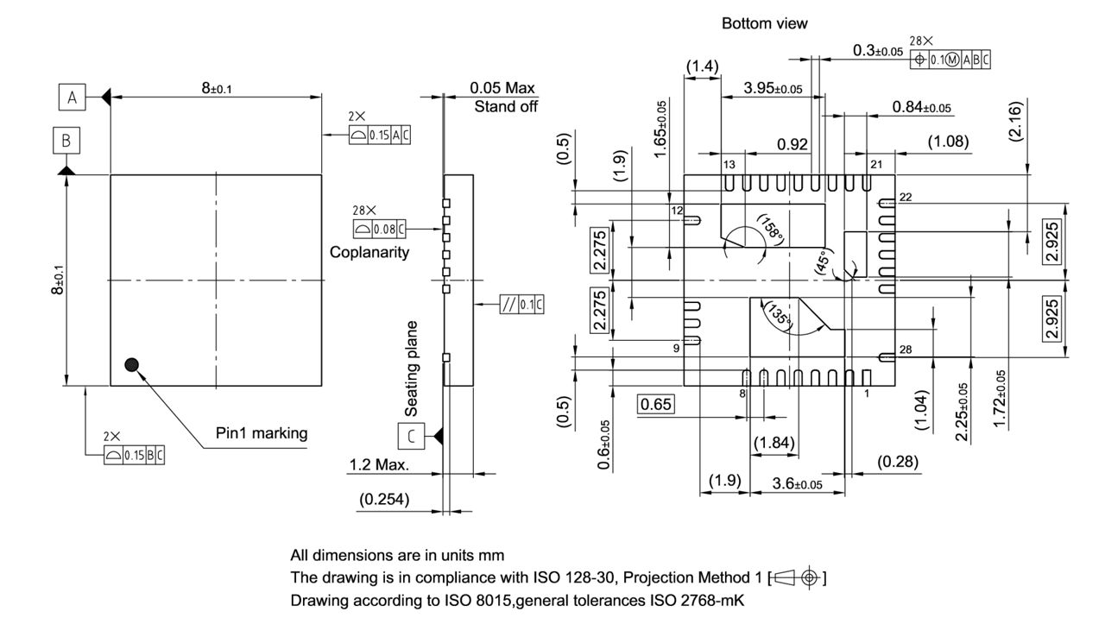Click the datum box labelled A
point(73,98)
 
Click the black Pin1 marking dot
point(131,364)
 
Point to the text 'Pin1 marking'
point(262,433)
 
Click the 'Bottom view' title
point(764,24)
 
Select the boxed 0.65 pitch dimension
point(656,404)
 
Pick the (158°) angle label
point(769,228)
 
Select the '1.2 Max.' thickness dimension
point(379,465)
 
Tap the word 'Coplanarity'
point(369,253)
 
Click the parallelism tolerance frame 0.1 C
point(522,304)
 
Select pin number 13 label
point(729,164)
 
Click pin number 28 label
point(905,349)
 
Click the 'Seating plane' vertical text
point(412,369)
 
